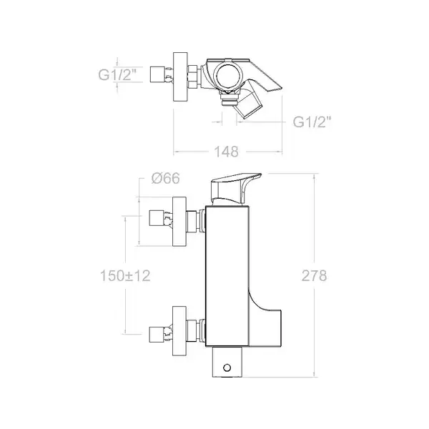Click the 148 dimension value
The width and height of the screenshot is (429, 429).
[x=226, y=152]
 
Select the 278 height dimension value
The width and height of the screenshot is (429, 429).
[x=314, y=275]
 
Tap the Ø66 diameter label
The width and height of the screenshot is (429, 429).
[x=165, y=178]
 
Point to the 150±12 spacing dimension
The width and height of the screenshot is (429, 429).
[x=125, y=275]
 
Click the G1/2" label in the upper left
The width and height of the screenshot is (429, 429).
[x=117, y=74]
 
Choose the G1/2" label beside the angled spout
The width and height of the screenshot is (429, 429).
[x=312, y=122]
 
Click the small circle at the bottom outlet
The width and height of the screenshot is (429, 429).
[x=227, y=368]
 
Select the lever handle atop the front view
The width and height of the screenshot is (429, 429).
[x=235, y=189]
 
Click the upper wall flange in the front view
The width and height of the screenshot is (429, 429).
[x=179, y=222]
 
